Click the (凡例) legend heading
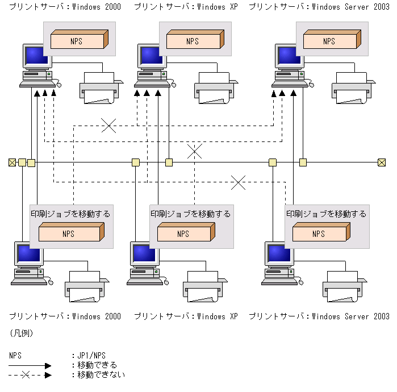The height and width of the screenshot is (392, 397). point(22,333)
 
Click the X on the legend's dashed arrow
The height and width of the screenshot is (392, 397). point(26,375)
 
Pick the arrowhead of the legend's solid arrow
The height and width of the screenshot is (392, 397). point(48,366)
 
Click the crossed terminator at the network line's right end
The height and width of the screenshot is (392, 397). point(382,162)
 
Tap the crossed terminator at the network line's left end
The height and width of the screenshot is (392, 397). point(12,162)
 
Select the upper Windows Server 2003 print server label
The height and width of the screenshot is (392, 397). point(319,7)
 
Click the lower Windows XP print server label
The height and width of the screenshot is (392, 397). point(186,316)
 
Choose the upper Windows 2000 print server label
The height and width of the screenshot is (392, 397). point(65,7)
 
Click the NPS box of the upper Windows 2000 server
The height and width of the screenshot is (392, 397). point(80,39)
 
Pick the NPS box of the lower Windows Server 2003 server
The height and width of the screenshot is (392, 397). point(321,232)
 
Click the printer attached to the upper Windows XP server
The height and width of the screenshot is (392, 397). point(216,88)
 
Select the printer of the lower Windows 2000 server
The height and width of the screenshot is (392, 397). point(87,286)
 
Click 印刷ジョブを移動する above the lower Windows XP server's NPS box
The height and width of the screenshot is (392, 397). point(190,214)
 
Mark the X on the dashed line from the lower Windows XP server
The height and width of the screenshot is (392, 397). point(194,151)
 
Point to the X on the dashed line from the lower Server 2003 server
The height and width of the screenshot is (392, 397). point(238,182)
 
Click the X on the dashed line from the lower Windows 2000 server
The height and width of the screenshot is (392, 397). point(108,126)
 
